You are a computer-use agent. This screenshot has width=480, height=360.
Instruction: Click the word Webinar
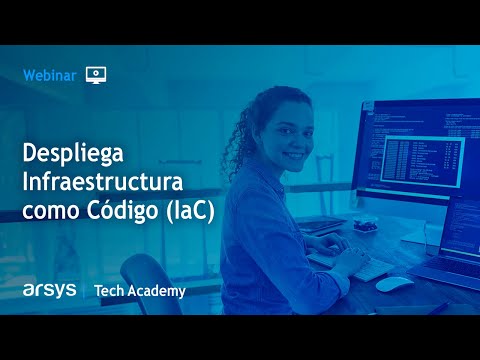(x=49, y=74)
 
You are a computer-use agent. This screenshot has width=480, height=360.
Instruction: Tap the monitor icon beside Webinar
(x=96, y=74)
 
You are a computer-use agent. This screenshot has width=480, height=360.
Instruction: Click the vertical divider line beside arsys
(x=84, y=290)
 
